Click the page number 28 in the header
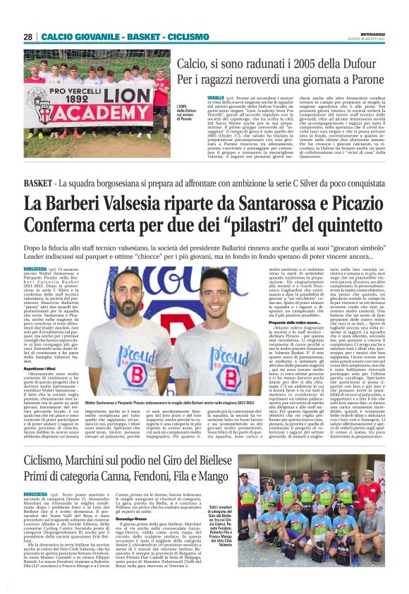28,37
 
